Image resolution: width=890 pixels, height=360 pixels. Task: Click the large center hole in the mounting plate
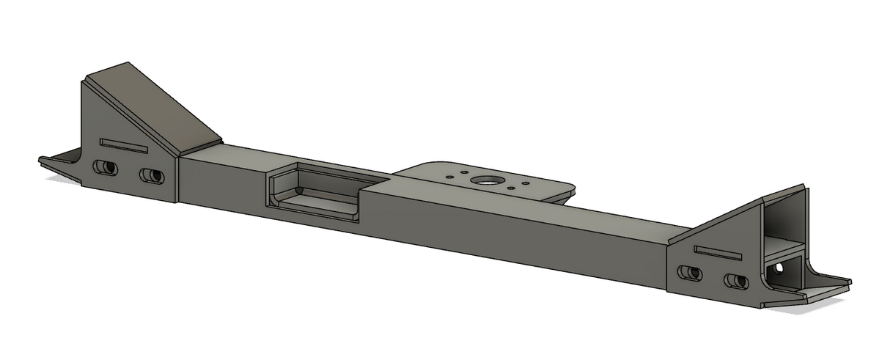(484, 180)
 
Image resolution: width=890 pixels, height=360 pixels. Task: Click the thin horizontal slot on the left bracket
(124, 145)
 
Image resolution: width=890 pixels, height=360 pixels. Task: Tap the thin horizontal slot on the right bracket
(717, 252)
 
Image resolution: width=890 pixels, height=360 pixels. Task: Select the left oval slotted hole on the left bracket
(105, 167)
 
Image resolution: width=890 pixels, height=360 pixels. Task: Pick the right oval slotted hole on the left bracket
(152, 176)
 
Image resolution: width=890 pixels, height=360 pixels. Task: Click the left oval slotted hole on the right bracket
(689, 273)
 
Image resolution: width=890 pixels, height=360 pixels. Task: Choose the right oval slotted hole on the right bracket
(735, 281)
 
